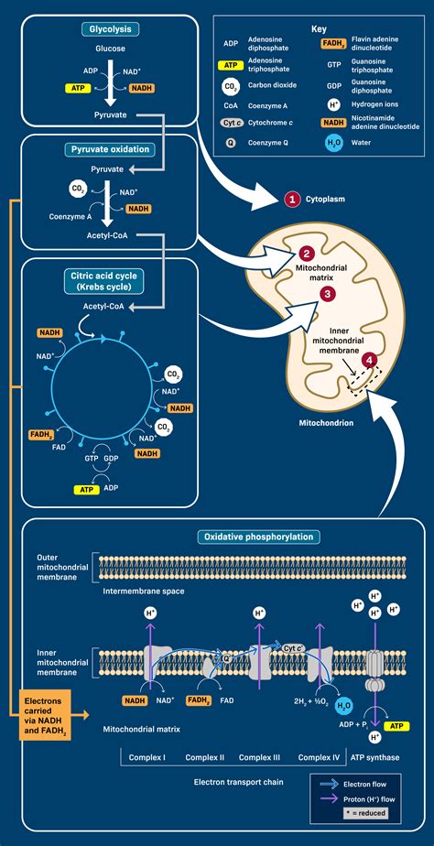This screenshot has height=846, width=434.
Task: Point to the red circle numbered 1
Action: (292, 198)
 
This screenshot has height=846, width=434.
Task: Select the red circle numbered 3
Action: (327, 294)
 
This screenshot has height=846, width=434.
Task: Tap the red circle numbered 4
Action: (369, 361)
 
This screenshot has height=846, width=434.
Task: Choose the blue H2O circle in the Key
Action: (333, 142)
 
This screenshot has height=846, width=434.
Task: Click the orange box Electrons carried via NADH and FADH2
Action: (39, 714)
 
